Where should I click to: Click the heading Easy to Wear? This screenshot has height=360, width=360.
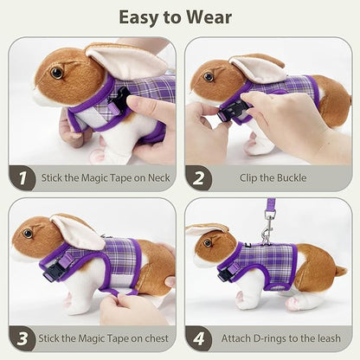tap(180, 17)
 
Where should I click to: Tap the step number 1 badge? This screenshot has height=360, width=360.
tap(22, 178)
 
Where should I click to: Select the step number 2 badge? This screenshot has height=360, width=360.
tap(199, 178)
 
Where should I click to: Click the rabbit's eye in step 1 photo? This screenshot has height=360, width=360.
tap(57, 73)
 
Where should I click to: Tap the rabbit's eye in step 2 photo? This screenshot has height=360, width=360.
tap(209, 76)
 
